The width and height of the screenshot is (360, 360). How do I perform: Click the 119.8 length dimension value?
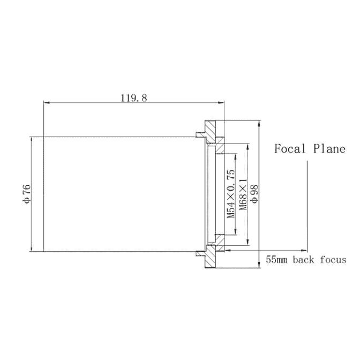tap(133, 98)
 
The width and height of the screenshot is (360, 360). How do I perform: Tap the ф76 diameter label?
tap(26, 194)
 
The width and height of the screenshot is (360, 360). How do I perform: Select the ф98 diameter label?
tap(254, 194)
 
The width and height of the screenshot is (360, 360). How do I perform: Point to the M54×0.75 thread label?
tap(231, 194)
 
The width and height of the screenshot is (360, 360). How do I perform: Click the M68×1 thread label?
tap(243, 194)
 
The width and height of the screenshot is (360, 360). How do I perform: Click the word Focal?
tap(290, 149)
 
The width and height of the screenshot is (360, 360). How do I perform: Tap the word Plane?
tap(329, 149)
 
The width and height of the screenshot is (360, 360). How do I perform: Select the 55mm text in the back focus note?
tap(276, 260)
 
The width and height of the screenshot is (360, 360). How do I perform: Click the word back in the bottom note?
tap(303, 260)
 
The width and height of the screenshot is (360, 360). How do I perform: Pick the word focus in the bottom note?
tap(333, 260)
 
